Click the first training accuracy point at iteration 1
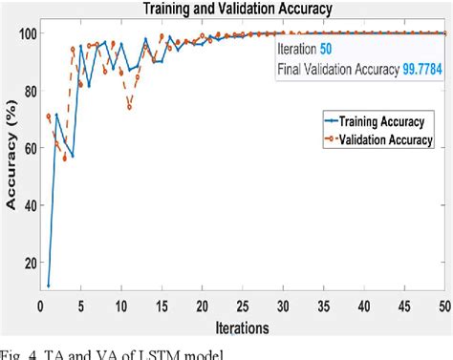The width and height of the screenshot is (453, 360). pos(49,286)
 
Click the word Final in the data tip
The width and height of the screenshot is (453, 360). pos(291,69)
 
